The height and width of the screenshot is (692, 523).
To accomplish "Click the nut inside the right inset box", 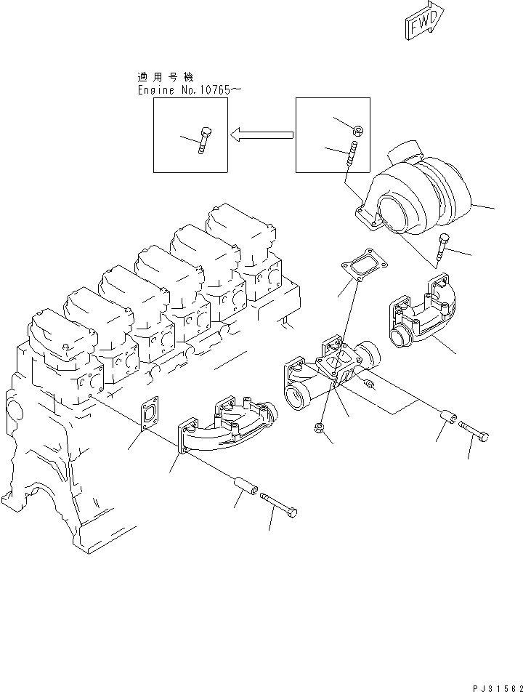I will click(358, 130).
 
